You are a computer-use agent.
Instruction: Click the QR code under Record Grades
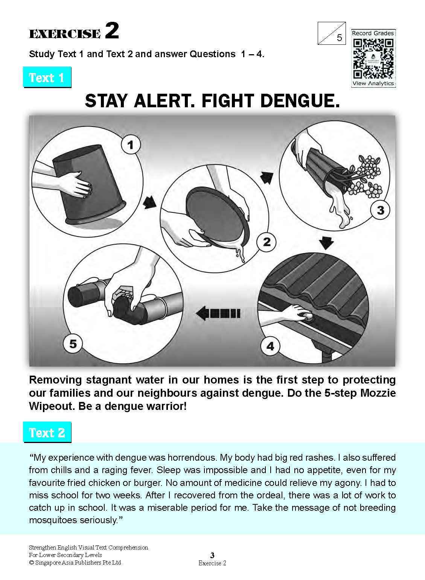(373, 58)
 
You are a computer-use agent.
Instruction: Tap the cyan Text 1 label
(47, 77)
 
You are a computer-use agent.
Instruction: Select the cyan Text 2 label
(47, 432)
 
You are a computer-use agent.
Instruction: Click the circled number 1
(131, 145)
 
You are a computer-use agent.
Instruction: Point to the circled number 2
(267, 242)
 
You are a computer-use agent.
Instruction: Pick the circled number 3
(380, 210)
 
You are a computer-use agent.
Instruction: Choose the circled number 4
(270, 346)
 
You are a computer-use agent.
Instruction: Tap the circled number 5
(73, 344)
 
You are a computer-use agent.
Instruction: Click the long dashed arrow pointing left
(218, 313)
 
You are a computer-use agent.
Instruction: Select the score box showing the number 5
(332, 33)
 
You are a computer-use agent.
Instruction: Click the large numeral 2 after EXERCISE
(112, 30)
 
